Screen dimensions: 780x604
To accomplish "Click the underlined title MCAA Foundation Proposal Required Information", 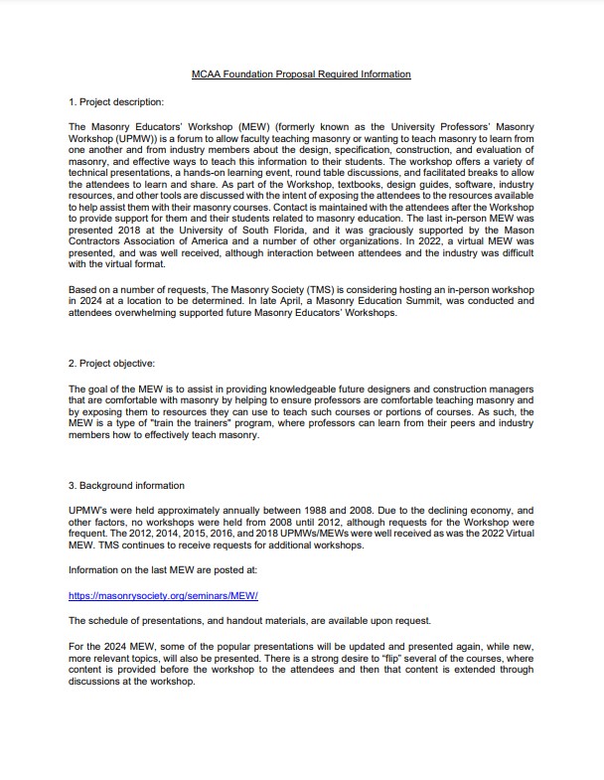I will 301,75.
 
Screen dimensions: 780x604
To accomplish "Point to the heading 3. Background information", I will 126,486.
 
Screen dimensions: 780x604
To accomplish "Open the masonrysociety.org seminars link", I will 163,596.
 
